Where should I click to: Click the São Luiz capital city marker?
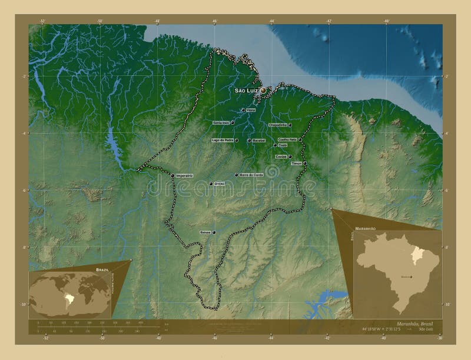(263, 91)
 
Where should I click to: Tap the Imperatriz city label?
(184, 175)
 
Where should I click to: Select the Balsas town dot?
(214, 232)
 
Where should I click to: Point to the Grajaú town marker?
(211, 184)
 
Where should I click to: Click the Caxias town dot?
(290, 156)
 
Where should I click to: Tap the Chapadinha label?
(277, 125)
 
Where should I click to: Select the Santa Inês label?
(221, 122)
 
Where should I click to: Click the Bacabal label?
(257, 141)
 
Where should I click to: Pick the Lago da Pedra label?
(221, 141)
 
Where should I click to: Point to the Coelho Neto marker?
(300, 139)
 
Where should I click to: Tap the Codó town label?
(283, 145)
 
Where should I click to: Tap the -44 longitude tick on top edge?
(271, 21)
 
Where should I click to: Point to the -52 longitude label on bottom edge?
(45, 338)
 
